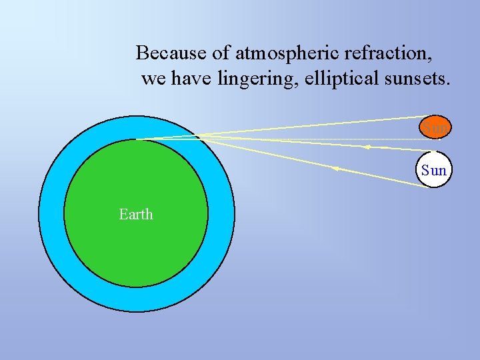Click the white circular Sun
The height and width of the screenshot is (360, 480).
tap(433, 170)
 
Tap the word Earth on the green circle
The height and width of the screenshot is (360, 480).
tap(135, 214)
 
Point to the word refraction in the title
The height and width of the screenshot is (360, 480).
tap(388, 52)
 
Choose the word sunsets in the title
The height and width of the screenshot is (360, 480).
tap(418, 79)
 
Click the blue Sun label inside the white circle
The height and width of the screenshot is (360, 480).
tap(434, 171)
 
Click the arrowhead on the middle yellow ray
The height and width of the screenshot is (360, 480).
tap(366, 146)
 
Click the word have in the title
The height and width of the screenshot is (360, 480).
tap(191, 79)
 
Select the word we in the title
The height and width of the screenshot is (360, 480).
tap(153, 79)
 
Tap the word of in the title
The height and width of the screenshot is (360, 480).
tap(221, 52)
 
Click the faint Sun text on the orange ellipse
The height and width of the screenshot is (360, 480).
tap(435, 127)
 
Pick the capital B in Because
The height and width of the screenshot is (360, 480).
tap(142, 52)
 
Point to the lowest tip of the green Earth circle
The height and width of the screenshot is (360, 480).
tap(136, 287)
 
